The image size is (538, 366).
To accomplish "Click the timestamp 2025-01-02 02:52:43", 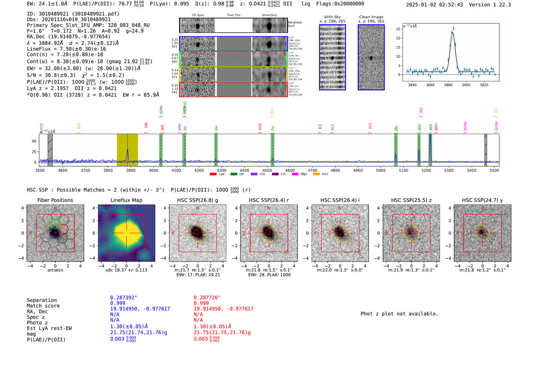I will [x=434, y=5].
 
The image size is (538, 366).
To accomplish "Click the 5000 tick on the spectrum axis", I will [x=380, y=171].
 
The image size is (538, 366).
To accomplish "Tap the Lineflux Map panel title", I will [x=126, y=200].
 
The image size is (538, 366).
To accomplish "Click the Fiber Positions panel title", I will [x=55, y=200].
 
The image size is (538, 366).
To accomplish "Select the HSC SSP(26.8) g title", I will [x=198, y=200].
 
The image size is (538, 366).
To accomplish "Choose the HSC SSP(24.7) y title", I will [x=482, y=200].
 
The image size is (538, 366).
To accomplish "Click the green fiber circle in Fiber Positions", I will [x=56, y=222].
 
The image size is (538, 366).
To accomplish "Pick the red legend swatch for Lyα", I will [x=213, y=174].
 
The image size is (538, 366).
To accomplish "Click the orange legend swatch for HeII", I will [x=316, y=174].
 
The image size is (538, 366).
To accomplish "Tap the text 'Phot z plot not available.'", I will [x=399, y=314].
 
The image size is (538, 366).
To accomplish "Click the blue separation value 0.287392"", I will [x=123, y=298].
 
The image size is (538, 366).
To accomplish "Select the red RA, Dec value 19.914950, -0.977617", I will [x=223, y=309].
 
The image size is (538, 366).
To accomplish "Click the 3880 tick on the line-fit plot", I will [x=448, y=85].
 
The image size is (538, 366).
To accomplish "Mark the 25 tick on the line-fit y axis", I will [x=398, y=29].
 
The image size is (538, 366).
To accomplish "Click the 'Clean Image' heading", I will [x=371, y=17].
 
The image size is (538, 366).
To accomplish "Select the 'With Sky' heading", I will [x=332, y=17].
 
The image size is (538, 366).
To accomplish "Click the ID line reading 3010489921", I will [x=73, y=14].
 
